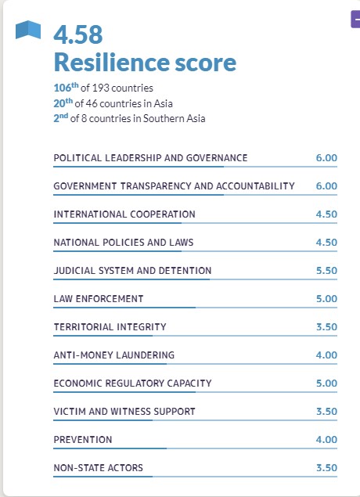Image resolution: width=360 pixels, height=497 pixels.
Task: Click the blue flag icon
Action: (28, 30)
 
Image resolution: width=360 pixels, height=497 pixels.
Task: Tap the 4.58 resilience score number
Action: (78, 34)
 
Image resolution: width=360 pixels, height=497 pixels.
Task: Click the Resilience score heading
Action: (145, 62)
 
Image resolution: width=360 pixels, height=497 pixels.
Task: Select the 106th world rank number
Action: (66, 88)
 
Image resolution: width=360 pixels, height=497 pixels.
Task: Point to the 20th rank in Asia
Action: (63, 103)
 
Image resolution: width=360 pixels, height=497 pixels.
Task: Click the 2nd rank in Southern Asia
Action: (61, 118)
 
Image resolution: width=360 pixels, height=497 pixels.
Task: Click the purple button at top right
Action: (355, 19)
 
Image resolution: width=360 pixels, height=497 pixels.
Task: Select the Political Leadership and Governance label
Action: (150, 158)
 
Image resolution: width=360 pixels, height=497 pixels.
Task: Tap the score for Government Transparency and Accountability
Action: (326, 186)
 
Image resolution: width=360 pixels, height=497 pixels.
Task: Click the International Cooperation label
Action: (124, 214)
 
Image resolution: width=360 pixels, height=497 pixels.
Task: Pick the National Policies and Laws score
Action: (326, 243)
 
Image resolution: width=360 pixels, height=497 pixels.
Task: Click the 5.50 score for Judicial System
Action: (326, 271)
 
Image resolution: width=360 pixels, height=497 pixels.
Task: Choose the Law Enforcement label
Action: (99, 299)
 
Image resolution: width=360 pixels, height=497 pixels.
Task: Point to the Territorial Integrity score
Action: (326, 327)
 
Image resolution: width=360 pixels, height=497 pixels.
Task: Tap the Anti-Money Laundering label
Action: (114, 355)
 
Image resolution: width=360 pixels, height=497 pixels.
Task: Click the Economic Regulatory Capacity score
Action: (326, 384)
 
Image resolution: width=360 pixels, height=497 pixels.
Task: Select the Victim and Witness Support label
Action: (124, 412)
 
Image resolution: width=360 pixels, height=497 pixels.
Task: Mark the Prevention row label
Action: (83, 440)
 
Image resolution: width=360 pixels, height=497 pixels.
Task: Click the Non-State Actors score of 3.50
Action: (326, 468)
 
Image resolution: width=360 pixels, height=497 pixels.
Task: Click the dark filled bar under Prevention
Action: (110, 448)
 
